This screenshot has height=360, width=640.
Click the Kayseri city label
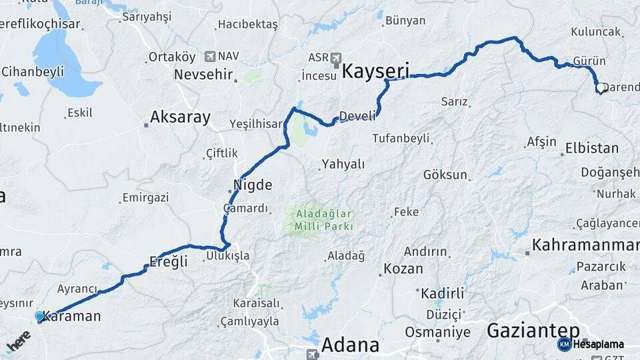(375, 71)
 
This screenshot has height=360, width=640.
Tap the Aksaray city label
(180, 118)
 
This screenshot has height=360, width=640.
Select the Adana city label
(350, 345)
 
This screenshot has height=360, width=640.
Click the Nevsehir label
(203, 74)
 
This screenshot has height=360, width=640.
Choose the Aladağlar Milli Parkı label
(320, 220)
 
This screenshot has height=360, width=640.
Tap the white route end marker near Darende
(600, 87)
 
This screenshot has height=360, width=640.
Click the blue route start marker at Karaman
(39, 316)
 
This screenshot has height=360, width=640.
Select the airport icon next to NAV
(211, 57)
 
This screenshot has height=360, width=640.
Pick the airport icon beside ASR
(335, 57)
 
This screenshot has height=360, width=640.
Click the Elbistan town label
(591, 148)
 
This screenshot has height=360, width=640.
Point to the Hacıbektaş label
(247, 25)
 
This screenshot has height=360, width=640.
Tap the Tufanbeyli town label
(400, 139)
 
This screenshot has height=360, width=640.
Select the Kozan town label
(403, 269)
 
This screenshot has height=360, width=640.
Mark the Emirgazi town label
(145, 197)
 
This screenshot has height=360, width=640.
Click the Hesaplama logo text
(598, 344)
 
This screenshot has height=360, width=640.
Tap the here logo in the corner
(18, 341)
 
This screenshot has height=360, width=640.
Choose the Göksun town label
(445, 175)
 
